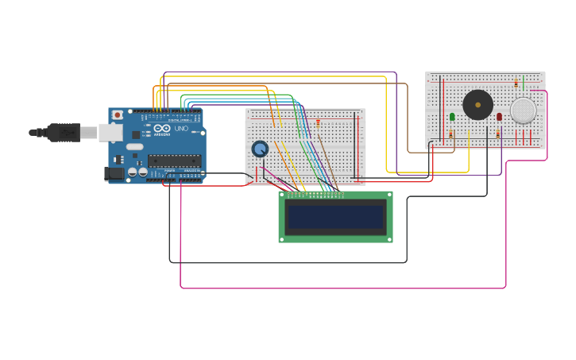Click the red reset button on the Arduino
coord(118,115)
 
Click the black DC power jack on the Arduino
coord(115,172)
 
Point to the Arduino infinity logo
coord(161,129)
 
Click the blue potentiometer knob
coord(260,149)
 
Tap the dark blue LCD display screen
coord(335,216)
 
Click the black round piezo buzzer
coord(477,105)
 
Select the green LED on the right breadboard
coord(452,117)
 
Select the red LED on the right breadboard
coord(500,117)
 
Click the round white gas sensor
coord(523,110)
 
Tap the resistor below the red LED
coord(498,134)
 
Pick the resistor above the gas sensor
coord(516,83)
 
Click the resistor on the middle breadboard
coord(319,123)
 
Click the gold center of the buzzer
coord(477,105)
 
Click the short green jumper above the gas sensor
coord(524,83)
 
